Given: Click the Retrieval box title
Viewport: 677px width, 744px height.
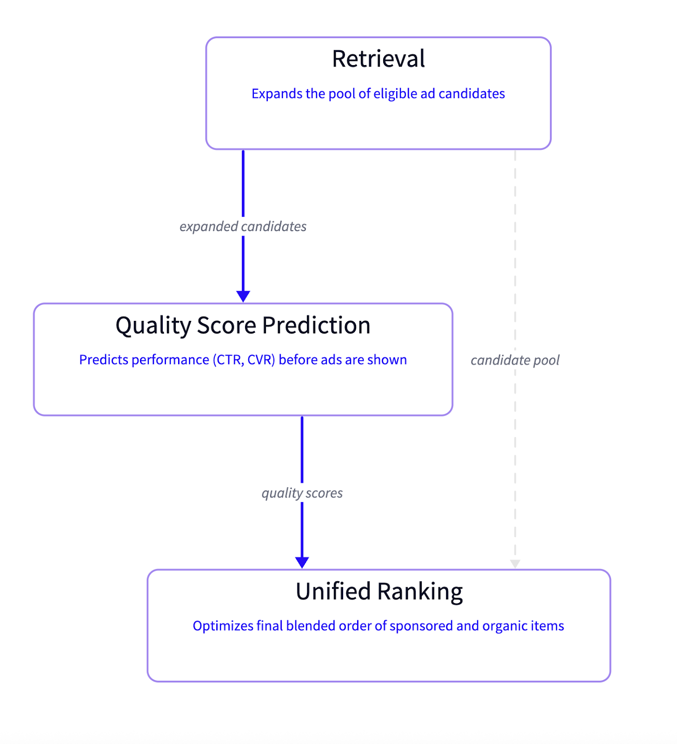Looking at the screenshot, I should coord(378,59).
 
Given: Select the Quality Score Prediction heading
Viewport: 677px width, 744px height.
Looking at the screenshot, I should coord(243,325).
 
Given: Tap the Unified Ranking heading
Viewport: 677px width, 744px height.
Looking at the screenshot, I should coord(379,591).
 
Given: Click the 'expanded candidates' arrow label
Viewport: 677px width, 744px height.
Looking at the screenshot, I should coord(243,226).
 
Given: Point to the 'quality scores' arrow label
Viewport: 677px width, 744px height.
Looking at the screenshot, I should coord(302,493).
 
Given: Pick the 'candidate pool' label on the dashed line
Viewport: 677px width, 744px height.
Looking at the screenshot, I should coord(515,360).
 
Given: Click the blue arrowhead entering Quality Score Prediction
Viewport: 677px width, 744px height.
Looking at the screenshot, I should coord(243,296).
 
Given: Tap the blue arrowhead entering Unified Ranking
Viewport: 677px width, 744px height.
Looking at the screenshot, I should coord(302,562).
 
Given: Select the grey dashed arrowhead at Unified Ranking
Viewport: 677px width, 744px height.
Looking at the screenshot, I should coord(515,564).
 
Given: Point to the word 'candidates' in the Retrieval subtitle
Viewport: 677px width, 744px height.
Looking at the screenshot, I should coord(471,94).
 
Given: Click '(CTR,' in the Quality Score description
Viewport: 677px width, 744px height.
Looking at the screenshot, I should coord(228,360).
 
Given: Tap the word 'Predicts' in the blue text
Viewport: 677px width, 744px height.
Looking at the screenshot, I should coord(103,360).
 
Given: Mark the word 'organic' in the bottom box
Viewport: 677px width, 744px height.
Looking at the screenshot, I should coord(504,626).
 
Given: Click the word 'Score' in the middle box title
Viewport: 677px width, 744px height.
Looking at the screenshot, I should coord(226,325).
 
